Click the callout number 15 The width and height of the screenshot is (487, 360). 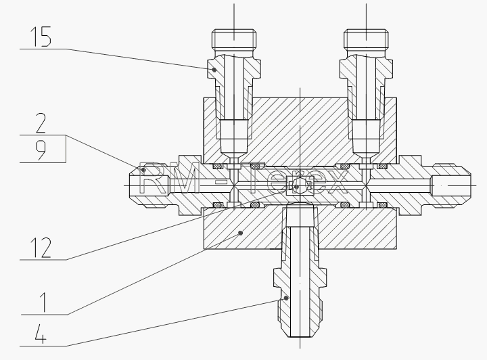41,37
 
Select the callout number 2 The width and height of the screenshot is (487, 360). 41,123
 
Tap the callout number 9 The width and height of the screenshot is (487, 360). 41,150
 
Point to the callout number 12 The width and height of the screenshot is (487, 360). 41,248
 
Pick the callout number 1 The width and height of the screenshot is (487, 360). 44,302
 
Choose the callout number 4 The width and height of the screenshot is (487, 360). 41,334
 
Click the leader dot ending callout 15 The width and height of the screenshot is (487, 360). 214,70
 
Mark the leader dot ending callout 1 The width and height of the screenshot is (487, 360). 240,233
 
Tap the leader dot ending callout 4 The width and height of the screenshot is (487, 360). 286,298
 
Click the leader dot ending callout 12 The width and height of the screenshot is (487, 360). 296,187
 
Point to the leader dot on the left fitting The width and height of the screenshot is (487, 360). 143,170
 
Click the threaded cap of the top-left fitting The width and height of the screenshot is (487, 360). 234,39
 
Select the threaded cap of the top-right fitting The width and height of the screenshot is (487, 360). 366,39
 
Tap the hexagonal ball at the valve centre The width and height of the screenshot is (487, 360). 300,185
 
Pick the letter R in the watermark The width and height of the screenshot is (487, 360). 154,177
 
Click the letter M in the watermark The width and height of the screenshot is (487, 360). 185,177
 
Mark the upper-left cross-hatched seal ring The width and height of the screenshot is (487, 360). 217,166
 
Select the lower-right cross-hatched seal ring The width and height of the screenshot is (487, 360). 382,205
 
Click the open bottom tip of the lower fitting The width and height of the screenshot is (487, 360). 300,336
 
